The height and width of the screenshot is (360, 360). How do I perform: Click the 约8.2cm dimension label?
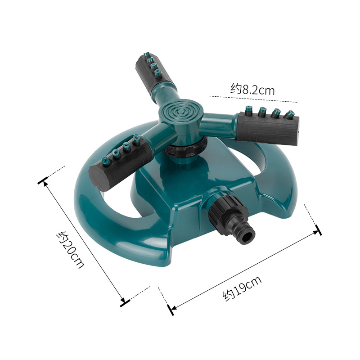(x=252, y=89)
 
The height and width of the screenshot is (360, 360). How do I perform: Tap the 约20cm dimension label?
(x=70, y=250)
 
